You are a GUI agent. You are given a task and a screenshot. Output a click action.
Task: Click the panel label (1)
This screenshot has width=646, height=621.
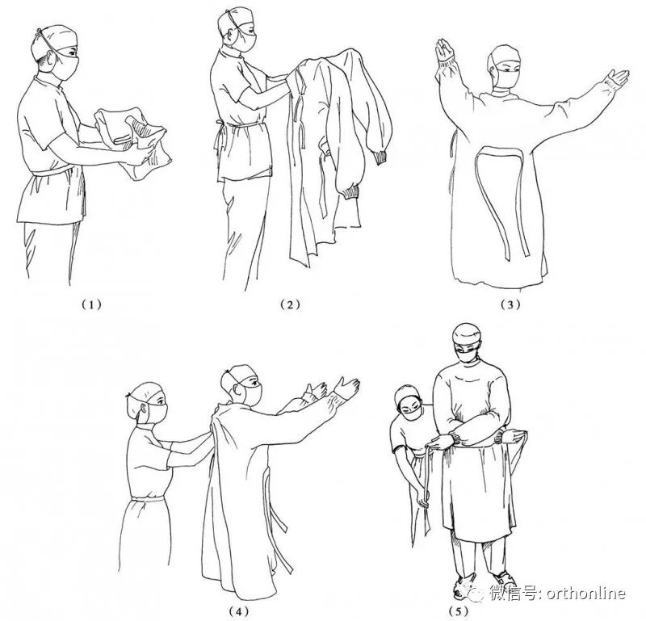[x=90, y=305]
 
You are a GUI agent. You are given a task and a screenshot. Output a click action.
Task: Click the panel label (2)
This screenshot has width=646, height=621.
[x=290, y=305]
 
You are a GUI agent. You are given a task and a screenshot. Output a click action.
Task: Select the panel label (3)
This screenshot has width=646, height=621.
[x=510, y=305]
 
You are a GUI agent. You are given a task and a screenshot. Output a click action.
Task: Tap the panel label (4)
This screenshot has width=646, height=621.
[x=239, y=610]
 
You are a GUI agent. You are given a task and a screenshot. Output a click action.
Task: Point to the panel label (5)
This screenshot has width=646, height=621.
[x=458, y=610]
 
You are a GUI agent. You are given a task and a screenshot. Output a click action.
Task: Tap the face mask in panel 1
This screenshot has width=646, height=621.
[x=66, y=66]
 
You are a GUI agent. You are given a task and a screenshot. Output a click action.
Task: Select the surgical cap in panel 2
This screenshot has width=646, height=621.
[x=235, y=22]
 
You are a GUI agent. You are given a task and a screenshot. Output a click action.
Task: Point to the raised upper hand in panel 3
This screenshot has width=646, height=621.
[x=445, y=50]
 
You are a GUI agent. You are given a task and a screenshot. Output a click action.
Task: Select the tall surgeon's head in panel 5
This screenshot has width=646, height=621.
[x=467, y=343]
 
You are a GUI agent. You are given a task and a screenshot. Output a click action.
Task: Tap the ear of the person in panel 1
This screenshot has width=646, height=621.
[x=51, y=62]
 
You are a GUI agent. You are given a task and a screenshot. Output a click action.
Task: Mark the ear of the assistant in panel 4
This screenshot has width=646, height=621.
[x=143, y=409]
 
